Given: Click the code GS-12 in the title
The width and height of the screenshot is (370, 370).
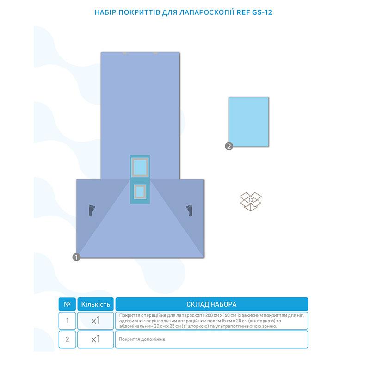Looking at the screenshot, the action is click(262, 12).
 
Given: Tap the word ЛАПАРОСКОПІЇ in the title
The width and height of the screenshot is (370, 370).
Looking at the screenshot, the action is click(207, 12).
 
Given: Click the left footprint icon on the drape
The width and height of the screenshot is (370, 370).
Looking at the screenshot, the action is click(92, 210).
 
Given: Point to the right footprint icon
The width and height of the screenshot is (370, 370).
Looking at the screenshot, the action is click(190, 210).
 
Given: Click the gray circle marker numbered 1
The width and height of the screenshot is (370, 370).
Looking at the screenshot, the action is click(76, 257).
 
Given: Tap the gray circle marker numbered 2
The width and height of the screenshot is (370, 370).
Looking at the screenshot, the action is click(229, 146).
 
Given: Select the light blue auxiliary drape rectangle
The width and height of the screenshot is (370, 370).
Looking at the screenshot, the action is click(249, 122).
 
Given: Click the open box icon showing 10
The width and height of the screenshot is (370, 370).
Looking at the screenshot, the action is click(251, 202).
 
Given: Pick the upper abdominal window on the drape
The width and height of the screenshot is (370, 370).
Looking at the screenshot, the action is click(140, 167).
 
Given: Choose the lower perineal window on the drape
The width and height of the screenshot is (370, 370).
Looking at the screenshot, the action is click(140, 192).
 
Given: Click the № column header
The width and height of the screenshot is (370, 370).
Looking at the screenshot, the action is click(67, 304).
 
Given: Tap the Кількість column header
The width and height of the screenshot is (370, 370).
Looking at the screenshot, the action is click(96, 304).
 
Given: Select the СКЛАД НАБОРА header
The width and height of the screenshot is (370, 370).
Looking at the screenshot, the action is click(211, 304).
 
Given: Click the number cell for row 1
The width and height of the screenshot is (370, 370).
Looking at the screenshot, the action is click(67, 321).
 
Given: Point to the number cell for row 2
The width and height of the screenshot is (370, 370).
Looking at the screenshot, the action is click(67, 339).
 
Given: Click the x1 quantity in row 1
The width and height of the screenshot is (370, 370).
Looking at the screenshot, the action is click(96, 321).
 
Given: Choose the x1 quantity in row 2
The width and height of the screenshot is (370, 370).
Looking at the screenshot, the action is click(96, 339).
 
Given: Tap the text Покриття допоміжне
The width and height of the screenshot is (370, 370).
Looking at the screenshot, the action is click(142, 339).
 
